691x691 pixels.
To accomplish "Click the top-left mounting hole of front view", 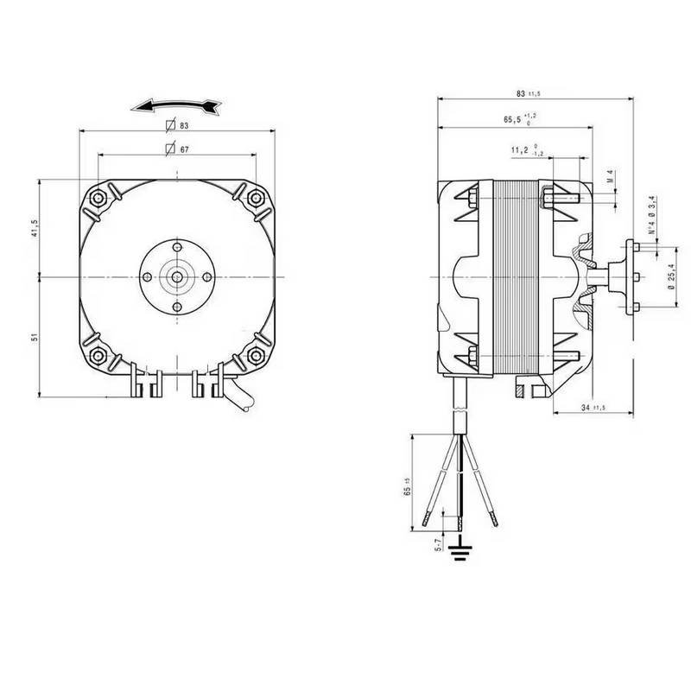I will (100, 197).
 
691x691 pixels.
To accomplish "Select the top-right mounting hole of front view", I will (255, 197).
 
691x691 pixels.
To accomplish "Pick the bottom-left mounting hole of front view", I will (100, 353).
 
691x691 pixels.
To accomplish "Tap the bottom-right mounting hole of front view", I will (255, 353).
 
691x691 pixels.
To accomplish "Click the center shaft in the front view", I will (177, 276).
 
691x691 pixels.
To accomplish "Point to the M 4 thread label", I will (610, 178).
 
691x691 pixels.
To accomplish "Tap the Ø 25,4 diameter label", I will (671, 283).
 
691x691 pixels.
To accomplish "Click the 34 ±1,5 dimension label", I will (592, 406).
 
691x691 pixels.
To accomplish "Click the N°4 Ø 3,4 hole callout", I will (653, 218).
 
